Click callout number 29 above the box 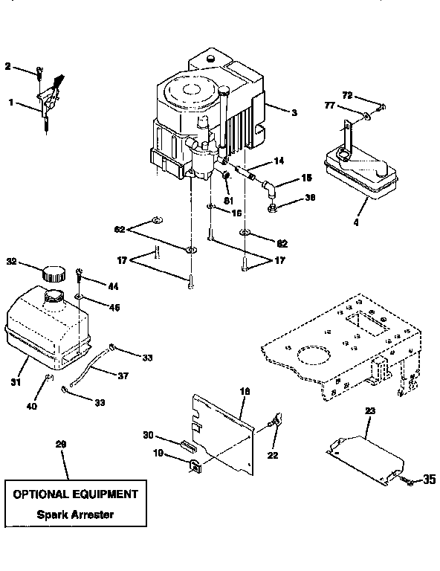60,444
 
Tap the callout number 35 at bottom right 429,480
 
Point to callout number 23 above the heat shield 370,410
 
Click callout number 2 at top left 8,67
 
